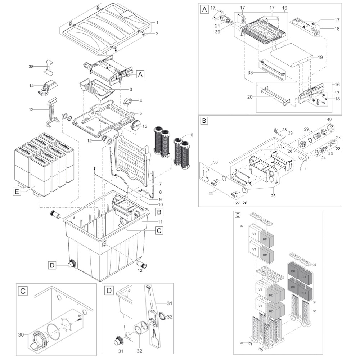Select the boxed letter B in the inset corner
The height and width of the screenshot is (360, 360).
tap(204, 121)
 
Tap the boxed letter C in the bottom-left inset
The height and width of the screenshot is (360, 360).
tap(22, 290)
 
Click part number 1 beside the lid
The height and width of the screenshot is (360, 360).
tap(157, 22)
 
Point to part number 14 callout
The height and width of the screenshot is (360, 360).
tap(32, 86)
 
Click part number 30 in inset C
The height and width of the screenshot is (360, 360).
tap(21, 335)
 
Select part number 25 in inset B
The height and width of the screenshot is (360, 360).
tap(273, 196)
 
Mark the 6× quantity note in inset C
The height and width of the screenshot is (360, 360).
tap(80, 316)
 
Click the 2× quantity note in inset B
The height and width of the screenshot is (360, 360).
tap(338, 138)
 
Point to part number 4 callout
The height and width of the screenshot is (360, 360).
tap(140, 100)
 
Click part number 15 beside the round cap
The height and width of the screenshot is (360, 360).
tap(145, 126)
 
